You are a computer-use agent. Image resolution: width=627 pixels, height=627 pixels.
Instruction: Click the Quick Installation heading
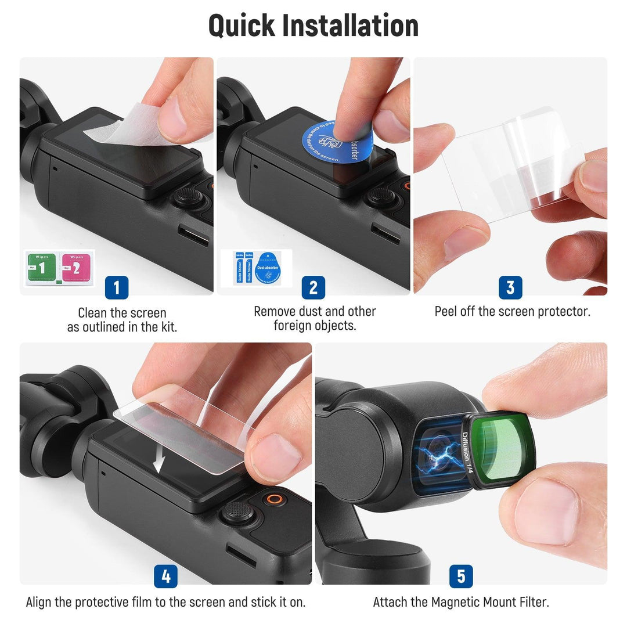tap(313, 26)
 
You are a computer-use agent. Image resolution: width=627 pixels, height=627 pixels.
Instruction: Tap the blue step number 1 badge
tap(116, 287)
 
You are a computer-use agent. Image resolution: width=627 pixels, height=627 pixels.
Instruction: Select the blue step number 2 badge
tap(313, 287)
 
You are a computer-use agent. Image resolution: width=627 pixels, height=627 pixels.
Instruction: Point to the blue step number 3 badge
tap(510, 287)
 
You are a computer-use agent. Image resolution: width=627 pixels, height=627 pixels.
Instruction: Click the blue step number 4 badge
tap(165, 576)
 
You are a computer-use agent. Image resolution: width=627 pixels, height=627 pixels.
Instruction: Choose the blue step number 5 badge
tap(461, 576)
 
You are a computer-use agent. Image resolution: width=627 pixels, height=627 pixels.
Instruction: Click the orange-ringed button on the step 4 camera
tap(274, 499)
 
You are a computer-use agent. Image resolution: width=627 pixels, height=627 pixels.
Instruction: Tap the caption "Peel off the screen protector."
tap(512, 312)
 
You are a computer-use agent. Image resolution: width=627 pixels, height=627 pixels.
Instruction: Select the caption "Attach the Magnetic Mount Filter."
tap(461, 602)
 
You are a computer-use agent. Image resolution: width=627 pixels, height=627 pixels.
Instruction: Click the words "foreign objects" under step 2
tap(315, 326)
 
